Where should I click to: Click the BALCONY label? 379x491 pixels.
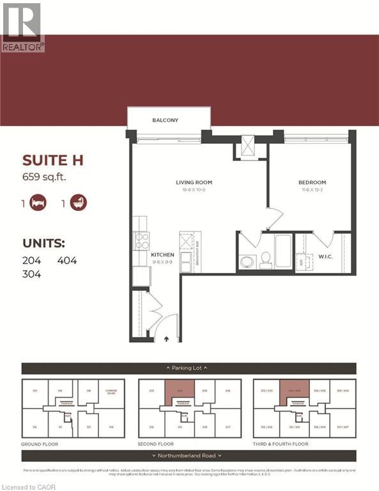[x=165, y=120]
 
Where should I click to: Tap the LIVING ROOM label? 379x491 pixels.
[x=193, y=183]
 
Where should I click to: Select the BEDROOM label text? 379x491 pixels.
[x=312, y=183]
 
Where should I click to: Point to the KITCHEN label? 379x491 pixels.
[x=162, y=255]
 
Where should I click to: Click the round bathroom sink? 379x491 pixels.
[x=247, y=261]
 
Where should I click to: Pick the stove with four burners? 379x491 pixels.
[x=142, y=240]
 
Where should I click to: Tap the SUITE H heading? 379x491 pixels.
[x=54, y=160]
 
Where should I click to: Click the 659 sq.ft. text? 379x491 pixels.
[x=44, y=176]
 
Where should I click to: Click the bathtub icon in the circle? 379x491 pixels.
[x=79, y=203]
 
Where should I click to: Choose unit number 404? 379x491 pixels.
[x=67, y=260]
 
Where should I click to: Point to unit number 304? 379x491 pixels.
[x=31, y=274]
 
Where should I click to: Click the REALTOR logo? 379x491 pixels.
[x=22, y=26]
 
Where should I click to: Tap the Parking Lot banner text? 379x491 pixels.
[x=189, y=368]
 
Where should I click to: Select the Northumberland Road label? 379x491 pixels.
[x=189, y=456]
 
